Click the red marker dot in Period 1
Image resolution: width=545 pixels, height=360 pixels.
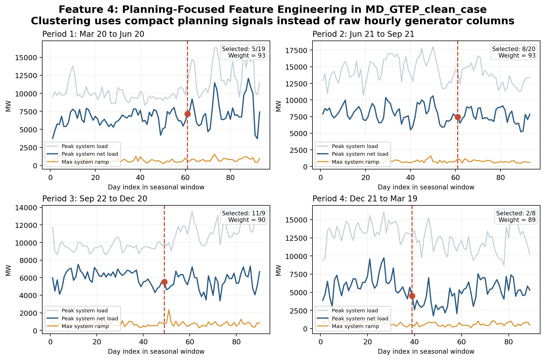click(187, 114)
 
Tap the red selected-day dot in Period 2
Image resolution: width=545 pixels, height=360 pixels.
click(458, 117)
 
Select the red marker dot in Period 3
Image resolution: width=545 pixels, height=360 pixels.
click(164, 282)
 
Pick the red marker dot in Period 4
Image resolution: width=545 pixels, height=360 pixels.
click(412, 296)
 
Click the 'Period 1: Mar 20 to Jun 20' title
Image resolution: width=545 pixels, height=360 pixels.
click(93, 34)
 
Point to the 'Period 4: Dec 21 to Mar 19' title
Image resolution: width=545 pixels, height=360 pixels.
click(365, 199)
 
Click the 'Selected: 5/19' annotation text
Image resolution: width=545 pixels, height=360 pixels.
click(243, 49)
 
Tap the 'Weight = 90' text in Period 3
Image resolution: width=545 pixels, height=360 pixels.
click(247, 220)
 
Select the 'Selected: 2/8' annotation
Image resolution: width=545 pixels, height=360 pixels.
click(516, 213)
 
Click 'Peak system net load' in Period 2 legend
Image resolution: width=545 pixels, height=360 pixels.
click(360, 154)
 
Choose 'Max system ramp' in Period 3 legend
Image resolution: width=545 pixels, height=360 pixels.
click(85, 326)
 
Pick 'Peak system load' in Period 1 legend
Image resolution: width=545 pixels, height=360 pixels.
click(84, 146)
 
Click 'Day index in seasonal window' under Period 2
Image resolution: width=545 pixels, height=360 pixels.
click(426, 187)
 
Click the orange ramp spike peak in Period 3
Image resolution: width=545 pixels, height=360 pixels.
click(169, 310)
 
